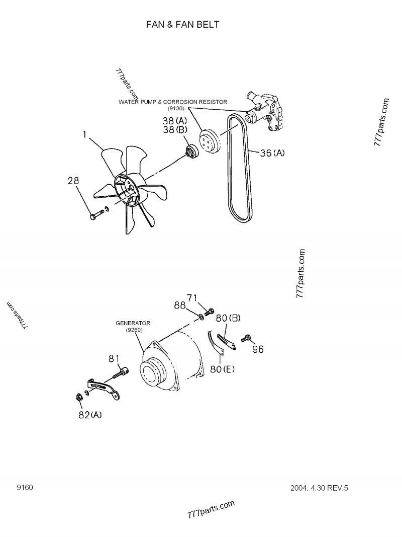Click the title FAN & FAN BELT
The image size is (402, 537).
point(182,24)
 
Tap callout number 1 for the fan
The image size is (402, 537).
point(85,134)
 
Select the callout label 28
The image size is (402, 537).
point(73,181)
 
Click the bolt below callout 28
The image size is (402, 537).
point(96,216)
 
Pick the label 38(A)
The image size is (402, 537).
point(174,121)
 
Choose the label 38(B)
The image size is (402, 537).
point(174,130)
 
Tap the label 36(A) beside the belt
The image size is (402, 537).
point(272,153)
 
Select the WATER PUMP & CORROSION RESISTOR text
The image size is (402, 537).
point(172,102)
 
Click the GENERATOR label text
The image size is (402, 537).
point(133,323)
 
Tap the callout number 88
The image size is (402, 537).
point(180,305)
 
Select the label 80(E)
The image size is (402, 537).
point(223,369)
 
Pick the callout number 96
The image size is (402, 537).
point(258,349)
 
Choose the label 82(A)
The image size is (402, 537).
point(90,415)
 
